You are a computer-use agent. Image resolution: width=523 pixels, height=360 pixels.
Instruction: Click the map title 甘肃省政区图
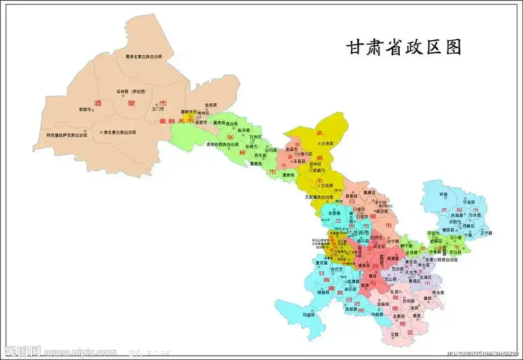tap(404, 47)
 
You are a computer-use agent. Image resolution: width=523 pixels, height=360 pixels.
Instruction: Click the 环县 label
tap(443, 194)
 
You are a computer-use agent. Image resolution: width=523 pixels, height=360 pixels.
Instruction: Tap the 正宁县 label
tap(485, 233)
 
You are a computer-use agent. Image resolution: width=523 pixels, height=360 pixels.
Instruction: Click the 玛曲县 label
tap(307, 314)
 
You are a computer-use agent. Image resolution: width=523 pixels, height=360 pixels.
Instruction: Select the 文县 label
tap(395, 334)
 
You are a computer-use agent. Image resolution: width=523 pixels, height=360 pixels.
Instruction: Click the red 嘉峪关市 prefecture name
tap(171, 121)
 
